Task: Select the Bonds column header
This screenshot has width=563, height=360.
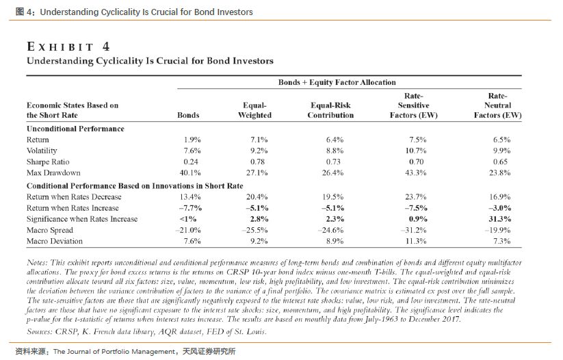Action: tap(188, 116)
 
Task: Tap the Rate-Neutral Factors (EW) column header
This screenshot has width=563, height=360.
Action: tap(497, 105)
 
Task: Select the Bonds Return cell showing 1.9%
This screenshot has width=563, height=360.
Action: tap(192, 140)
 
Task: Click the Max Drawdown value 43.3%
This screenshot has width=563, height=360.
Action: tap(416, 172)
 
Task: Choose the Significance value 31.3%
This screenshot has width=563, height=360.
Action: tap(501, 219)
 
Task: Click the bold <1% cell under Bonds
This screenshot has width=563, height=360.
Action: tap(189, 219)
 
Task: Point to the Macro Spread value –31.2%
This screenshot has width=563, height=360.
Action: tap(414, 230)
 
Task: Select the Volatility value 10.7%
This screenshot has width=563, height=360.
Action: tap(416, 151)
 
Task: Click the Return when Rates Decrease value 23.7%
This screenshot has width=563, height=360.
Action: tap(416, 196)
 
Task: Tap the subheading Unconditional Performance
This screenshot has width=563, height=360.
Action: tap(75, 128)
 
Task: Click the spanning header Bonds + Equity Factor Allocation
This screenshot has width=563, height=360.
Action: tap(337, 82)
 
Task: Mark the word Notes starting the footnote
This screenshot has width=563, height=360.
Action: tap(36, 263)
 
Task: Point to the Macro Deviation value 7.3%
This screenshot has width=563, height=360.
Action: tap(501, 242)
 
